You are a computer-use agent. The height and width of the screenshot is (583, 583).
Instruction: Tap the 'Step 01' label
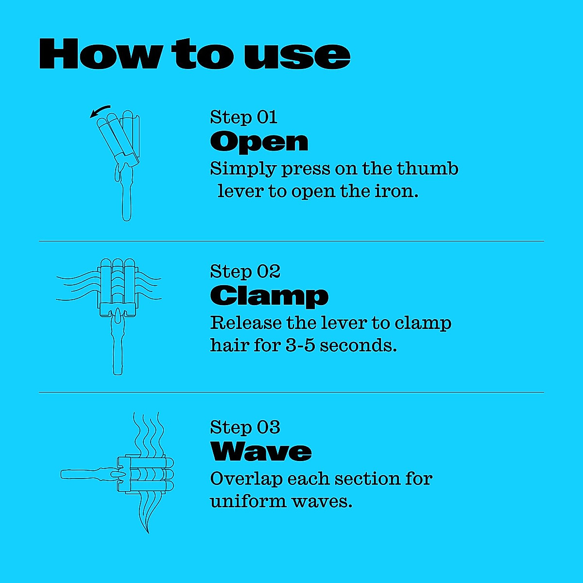point(243,117)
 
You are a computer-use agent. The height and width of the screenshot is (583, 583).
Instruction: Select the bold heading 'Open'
point(259,141)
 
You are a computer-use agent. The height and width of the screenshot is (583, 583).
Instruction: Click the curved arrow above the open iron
point(100,112)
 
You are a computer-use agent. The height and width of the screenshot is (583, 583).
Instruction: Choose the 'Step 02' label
point(245,272)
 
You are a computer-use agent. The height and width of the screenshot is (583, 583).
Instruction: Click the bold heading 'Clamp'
point(269,296)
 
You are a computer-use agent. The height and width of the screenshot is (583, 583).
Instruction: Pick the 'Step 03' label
point(245,427)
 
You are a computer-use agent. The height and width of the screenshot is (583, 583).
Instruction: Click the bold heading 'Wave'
point(261,451)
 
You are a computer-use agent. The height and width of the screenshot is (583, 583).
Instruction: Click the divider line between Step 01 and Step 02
point(291,240)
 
